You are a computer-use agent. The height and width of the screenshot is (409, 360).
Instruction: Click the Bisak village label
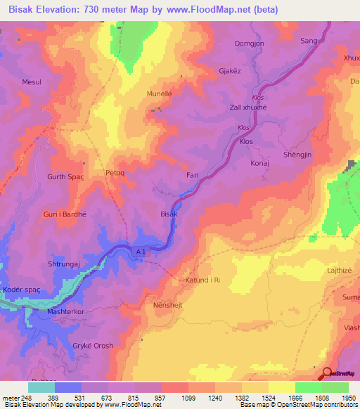169,214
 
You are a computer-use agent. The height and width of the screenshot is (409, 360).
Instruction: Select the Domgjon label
249,44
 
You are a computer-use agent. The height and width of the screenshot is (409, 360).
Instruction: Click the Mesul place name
32,82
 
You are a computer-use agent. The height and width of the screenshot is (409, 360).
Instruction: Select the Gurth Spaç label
65,176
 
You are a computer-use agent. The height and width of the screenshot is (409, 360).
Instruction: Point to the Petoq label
115,172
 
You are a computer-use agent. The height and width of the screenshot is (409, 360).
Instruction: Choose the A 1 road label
141,251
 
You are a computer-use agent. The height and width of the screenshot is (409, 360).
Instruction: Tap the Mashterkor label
65,311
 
